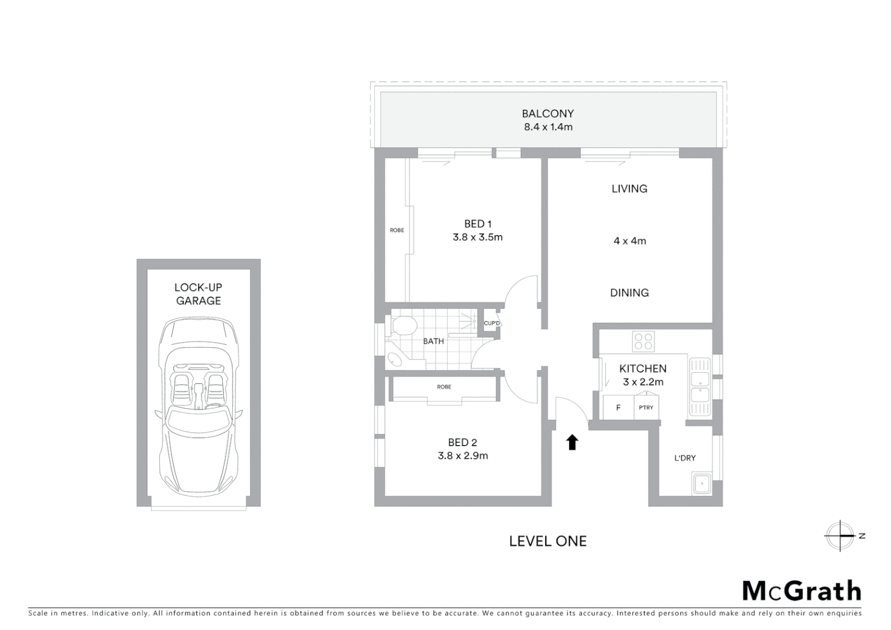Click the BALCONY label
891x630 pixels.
pos(548,114)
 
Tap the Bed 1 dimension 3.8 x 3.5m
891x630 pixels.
pos(477,237)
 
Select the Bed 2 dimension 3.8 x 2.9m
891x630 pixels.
pos(462,456)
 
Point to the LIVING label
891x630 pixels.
pos(629,188)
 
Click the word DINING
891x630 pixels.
pos(629,293)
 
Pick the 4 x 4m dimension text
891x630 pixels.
pos(629,241)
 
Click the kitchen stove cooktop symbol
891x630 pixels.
pos(643,341)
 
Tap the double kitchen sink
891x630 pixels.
pos(699,387)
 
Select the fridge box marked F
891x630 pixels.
pos(618,408)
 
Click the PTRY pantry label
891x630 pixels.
pos(646,408)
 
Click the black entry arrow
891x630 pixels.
pos(572,442)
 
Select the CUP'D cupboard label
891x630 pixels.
pos(492,323)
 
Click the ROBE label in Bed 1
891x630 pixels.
pos(397,230)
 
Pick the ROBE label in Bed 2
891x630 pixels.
pos(444,387)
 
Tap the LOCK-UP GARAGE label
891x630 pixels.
pos(198,294)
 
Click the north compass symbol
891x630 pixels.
pos(840,535)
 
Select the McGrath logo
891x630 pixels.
pos(801,591)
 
